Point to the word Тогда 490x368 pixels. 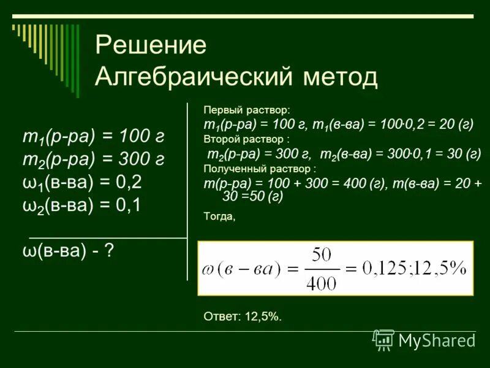point(219,216)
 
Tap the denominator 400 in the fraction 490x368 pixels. point(320,283)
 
